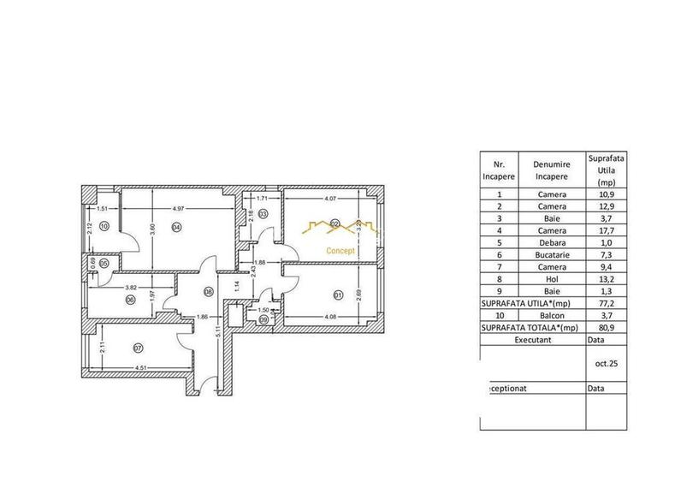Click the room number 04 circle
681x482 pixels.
(x=175, y=227)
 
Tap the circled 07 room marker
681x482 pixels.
(x=137, y=348)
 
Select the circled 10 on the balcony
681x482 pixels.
(x=104, y=227)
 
